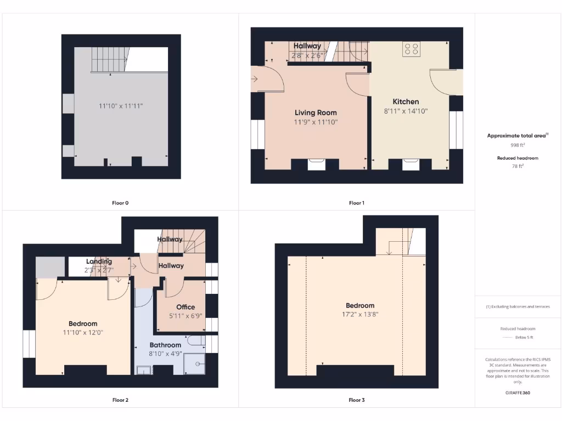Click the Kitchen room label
click(406, 101)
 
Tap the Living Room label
click(316, 113)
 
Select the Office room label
click(186, 307)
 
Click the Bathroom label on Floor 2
click(165, 345)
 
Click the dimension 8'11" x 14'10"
click(406, 111)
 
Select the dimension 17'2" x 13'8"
click(360, 315)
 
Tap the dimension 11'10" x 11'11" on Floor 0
click(120, 106)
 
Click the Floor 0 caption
click(120, 203)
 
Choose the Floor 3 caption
click(356, 400)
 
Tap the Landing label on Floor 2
click(99, 261)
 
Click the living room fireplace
click(317, 164)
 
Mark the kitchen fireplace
click(411, 164)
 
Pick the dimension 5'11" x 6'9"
click(186, 316)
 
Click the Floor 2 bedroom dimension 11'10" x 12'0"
click(83, 332)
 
